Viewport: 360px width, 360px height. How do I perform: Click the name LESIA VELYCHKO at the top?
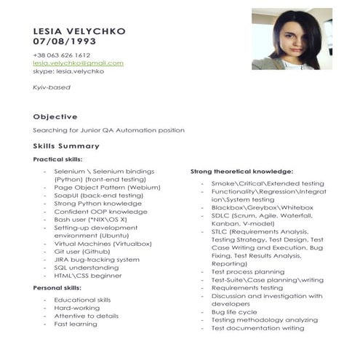pyautogui.click(x=79, y=31)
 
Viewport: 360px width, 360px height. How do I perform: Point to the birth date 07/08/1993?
pyautogui.click(x=64, y=41)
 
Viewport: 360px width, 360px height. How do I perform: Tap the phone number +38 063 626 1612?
pyautogui.click(x=62, y=55)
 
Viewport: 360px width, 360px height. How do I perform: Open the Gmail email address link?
pyautogui.click(x=78, y=63)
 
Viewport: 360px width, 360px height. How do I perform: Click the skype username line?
pyautogui.click(x=68, y=71)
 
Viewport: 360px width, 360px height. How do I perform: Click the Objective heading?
pyautogui.click(x=55, y=116)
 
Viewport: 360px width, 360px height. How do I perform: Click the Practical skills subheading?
pyautogui.click(x=57, y=159)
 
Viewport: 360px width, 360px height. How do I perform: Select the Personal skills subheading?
pyautogui.click(x=57, y=288)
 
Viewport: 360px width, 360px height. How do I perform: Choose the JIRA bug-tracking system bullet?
pyautogui.click(x=96, y=259)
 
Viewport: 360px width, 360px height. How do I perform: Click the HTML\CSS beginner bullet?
pyautogui.click(x=87, y=276)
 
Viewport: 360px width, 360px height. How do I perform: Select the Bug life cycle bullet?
pyautogui.click(x=233, y=312)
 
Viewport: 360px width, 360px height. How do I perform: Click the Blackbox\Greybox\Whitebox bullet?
pyautogui.click(x=252, y=207)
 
